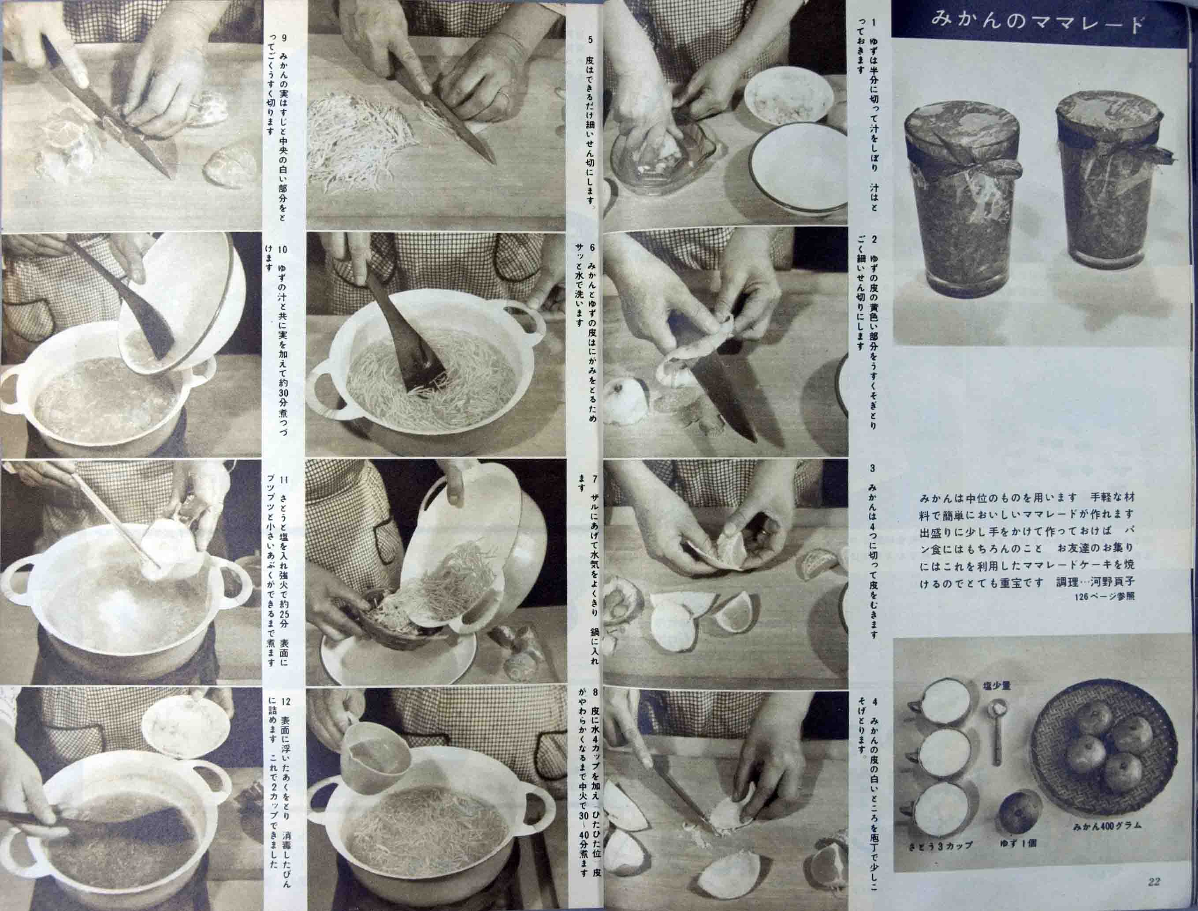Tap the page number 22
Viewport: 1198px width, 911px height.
(x=1153, y=882)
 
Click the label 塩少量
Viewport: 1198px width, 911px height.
(x=997, y=686)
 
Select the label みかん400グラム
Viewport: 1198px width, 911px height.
(x=1107, y=826)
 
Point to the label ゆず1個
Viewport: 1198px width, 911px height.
(x=1019, y=843)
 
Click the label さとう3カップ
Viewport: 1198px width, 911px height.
(x=940, y=845)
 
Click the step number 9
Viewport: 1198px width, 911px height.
(x=284, y=39)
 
